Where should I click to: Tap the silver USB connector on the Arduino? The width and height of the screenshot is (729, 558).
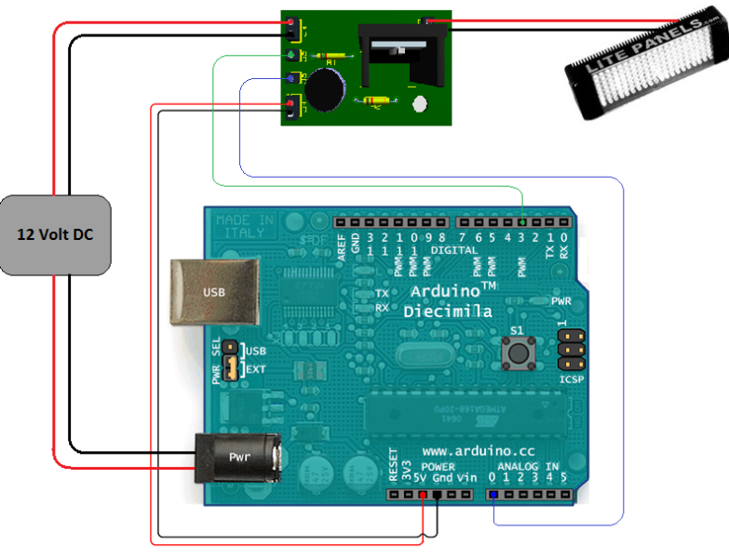[x=214, y=292]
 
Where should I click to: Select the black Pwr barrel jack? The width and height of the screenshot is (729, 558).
[x=236, y=458]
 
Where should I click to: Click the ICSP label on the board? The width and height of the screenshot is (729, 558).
[x=572, y=379]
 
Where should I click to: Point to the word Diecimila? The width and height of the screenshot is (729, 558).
[x=448, y=312]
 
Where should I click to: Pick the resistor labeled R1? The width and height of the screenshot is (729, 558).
[x=332, y=57]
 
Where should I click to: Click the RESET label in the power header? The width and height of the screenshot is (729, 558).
[x=394, y=464]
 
